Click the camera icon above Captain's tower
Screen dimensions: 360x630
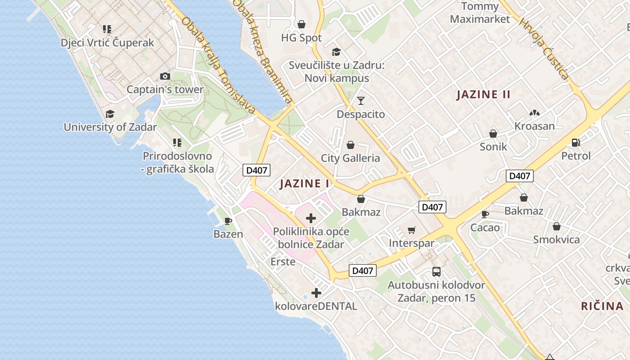coord(165,76)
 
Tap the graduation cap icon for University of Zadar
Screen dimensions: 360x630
coord(110,114)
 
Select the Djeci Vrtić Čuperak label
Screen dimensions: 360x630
coord(108,43)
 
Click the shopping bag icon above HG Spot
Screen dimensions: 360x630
coord(301,24)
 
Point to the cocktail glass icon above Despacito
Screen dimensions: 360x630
coord(361,101)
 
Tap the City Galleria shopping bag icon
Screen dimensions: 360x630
coord(351,145)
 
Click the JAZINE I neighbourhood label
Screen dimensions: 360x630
coord(305,184)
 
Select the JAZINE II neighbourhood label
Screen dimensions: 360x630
coord(484,94)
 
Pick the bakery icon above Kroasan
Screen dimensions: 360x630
coord(534,112)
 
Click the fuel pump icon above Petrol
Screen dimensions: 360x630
coord(576,143)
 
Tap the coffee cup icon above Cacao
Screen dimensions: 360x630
coord(485,214)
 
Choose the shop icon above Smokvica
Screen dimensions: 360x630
coord(557,226)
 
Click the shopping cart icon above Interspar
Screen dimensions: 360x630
coord(411,230)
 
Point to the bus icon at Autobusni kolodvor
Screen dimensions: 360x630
coord(436,272)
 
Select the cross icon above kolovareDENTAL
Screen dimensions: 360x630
coord(316,293)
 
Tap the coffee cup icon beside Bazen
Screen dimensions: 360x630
coord(228,221)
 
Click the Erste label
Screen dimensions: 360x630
coord(283,261)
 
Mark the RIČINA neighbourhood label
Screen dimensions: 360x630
coord(602,306)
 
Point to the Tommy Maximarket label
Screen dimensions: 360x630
coord(480,13)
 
